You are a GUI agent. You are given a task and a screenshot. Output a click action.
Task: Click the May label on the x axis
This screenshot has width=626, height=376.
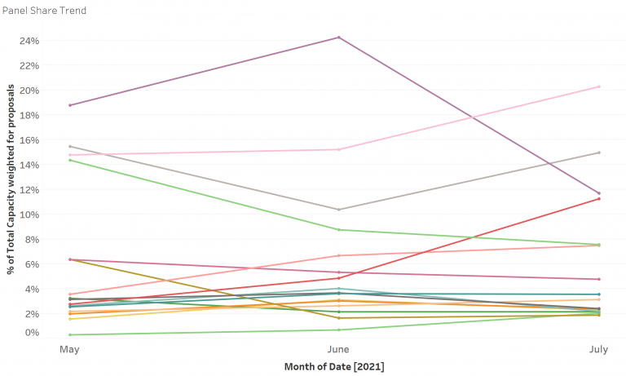click(71, 348)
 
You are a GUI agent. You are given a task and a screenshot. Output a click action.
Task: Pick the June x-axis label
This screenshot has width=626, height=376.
click(338, 348)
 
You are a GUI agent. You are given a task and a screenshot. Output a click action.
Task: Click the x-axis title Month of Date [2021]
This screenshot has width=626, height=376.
click(334, 366)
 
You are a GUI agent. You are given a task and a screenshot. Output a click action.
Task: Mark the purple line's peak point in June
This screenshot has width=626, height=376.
click(338, 38)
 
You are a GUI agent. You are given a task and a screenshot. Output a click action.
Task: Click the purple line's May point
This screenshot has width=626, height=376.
click(71, 105)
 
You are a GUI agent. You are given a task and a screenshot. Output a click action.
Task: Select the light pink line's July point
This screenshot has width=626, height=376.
click(599, 86)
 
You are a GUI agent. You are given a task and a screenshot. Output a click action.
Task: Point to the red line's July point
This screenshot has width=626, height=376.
click(599, 198)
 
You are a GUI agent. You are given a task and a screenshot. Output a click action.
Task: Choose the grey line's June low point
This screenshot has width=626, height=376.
click(338, 210)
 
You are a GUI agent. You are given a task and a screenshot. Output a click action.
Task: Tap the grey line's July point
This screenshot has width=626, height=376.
click(599, 153)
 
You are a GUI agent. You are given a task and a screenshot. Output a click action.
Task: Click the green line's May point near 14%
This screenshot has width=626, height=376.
click(71, 160)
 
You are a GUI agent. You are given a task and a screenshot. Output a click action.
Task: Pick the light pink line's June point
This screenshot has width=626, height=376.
click(338, 149)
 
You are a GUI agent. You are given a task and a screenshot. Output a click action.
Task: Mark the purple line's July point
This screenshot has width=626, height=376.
click(599, 193)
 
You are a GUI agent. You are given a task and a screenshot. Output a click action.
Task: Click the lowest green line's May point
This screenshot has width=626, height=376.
click(71, 334)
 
